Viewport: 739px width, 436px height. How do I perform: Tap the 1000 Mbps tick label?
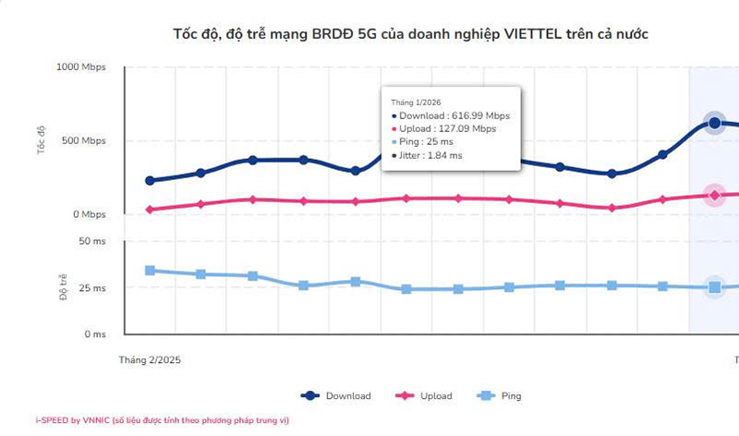[81, 67]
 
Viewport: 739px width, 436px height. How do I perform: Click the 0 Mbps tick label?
[90, 215]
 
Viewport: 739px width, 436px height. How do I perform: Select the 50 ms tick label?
[93, 242]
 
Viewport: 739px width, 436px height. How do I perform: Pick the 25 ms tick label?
[93, 288]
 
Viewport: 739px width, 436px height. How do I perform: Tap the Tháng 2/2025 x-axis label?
[151, 358]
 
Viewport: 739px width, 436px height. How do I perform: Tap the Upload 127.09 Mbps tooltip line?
[443, 129]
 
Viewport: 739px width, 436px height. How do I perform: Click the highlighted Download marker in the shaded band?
[714, 123]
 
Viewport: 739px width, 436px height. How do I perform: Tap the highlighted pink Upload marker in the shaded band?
[714, 195]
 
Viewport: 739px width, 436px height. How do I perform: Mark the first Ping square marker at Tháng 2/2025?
[150, 271]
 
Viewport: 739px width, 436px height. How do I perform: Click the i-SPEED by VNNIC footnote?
[163, 420]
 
